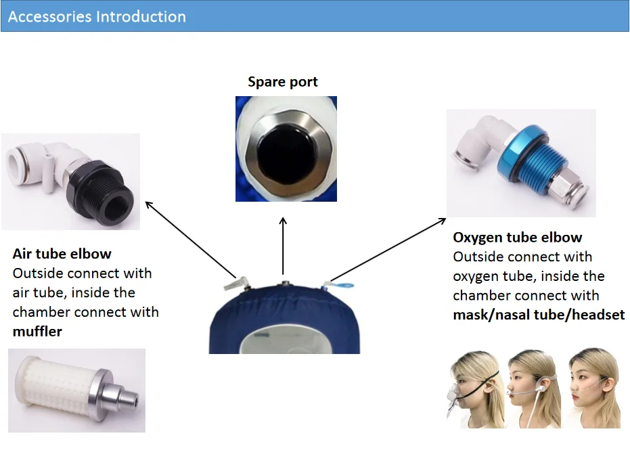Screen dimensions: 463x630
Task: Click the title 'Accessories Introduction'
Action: pyautogui.click(x=97, y=16)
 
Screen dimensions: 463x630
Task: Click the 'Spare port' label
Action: pyautogui.click(x=282, y=83)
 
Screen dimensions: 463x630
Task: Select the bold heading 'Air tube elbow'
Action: pyautogui.click(x=62, y=254)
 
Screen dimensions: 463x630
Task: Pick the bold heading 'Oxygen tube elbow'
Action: pyautogui.click(x=517, y=238)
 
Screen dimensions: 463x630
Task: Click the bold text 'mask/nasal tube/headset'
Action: pyautogui.click(x=539, y=315)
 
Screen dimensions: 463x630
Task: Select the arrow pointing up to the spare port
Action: pyautogui.click(x=283, y=244)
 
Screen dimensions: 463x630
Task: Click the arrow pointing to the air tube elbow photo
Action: pyautogui.click(x=190, y=240)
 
